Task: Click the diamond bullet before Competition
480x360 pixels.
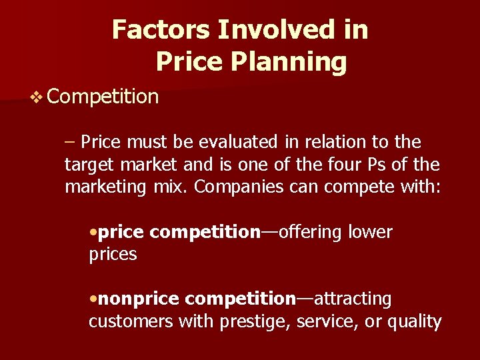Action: click(37, 97)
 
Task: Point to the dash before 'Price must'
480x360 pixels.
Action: click(71, 142)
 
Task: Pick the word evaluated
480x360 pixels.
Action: click(234, 142)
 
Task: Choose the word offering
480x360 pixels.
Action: click(311, 232)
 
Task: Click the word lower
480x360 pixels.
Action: click(371, 232)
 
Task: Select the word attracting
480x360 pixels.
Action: click(353, 299)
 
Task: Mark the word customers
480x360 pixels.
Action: click(131, 322)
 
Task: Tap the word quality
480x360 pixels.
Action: click(415, 323)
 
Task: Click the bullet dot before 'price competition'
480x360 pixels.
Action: click(93, 233)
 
